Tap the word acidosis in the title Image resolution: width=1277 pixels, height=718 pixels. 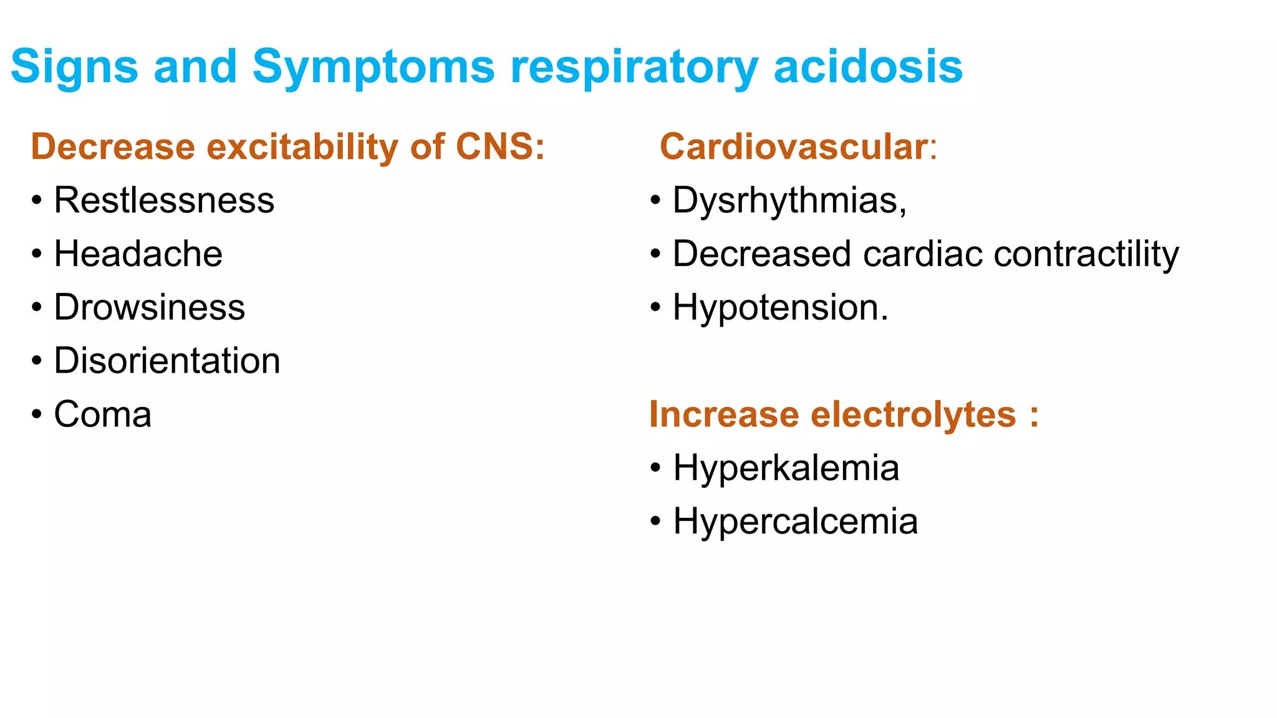coord(867,66)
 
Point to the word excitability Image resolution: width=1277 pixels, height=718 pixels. coord(301,146)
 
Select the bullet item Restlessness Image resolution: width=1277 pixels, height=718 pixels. coord(164,200)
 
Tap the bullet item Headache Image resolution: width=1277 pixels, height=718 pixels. coord(138,254)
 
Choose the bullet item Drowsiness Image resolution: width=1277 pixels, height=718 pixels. coord(150,307)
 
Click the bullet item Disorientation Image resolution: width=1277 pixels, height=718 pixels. coord(167,361)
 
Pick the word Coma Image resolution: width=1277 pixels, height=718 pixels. coord(103,414)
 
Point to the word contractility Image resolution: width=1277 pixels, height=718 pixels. coord(1086,254)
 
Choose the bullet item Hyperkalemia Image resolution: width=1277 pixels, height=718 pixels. coord(786,468)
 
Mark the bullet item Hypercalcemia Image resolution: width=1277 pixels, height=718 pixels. coord(795,522)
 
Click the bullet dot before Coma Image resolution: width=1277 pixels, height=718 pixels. coord(37,414)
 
